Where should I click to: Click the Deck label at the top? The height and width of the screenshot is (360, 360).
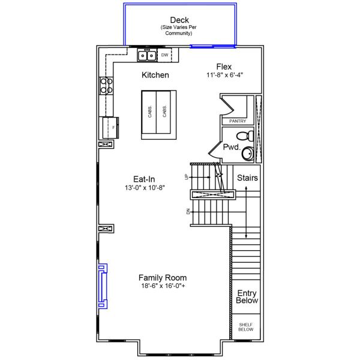[x=179, y=20]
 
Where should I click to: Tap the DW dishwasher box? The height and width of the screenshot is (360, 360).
[x=164, y=55]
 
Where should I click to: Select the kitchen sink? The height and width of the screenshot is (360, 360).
[x=148, y=56]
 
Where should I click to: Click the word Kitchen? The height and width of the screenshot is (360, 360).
[x=155, y=76]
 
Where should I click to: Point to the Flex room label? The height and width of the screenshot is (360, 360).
[x=224, y=67]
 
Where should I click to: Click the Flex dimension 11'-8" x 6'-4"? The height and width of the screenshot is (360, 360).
[x=224, y=75]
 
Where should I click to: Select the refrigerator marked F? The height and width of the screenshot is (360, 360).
[x=110, y=127]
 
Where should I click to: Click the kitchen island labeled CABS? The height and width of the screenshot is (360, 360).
[x=158, y=115]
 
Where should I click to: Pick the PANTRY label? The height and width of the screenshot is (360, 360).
[x=238, y=121]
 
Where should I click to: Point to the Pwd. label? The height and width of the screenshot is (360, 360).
[x=232, y=146]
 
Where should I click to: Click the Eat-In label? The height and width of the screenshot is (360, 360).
[x=145, y=178]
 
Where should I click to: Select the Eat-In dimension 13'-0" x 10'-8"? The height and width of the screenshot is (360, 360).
[x=145, y=187]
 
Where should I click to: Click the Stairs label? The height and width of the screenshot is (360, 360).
[x=247, y=178]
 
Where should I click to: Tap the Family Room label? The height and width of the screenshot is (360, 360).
[x=163, y=278]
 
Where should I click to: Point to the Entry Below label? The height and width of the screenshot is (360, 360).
[x=247, y=297]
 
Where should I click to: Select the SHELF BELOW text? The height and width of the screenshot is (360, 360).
[x=246, y=327]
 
